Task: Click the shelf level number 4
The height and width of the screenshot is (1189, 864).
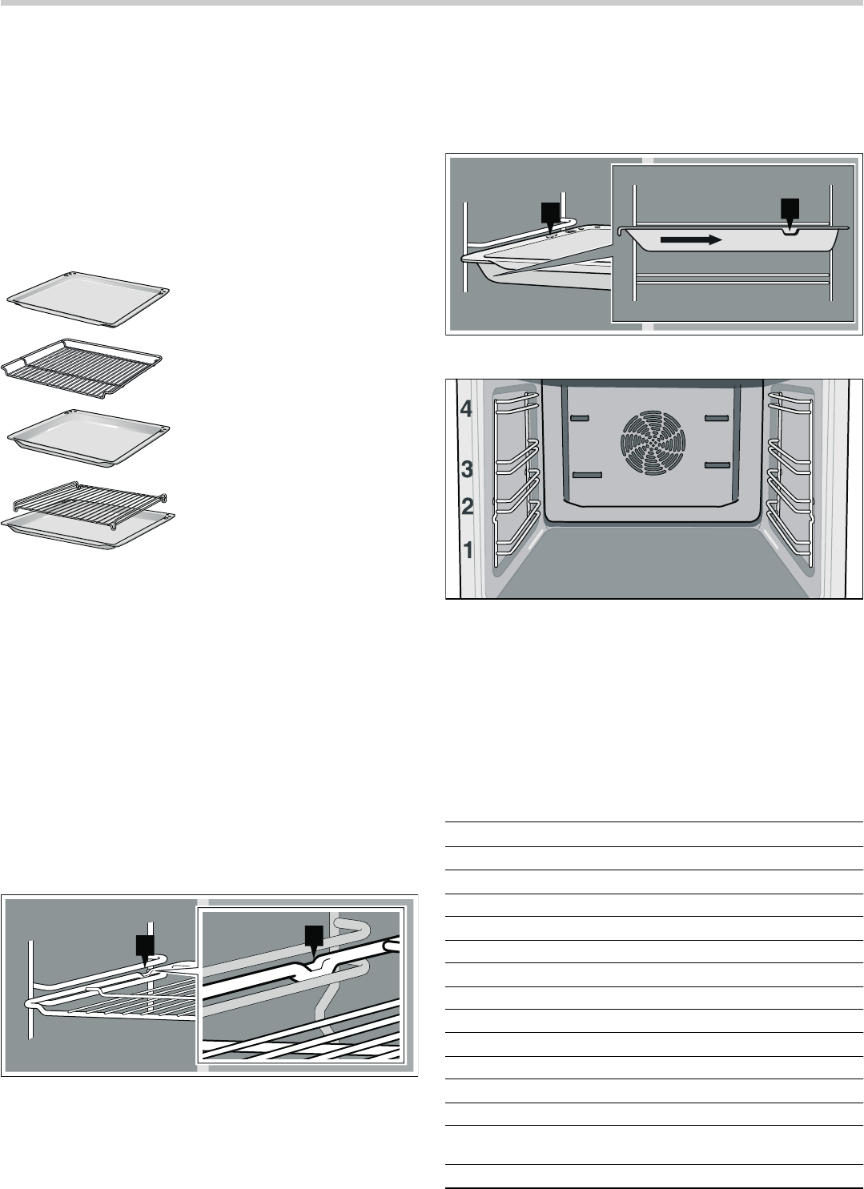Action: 466,408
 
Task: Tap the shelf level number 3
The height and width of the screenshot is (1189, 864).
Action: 467,469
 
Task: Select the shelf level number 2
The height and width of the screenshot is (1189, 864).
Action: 467,506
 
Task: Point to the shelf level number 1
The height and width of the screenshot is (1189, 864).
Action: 468,550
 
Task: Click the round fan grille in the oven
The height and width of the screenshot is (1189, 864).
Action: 653,442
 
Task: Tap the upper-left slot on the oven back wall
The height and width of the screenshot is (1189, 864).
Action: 580,418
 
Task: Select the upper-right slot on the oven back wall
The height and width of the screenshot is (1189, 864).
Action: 717,418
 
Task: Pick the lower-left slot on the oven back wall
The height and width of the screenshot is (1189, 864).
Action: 587,475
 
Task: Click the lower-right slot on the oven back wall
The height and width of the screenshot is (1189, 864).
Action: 717,465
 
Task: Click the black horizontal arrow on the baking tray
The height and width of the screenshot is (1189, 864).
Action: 691,240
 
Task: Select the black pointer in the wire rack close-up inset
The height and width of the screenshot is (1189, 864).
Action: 314,942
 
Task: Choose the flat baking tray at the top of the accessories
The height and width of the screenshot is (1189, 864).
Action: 88,300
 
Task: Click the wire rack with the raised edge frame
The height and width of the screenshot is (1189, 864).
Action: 82,368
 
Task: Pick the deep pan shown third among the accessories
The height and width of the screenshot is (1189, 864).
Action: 89,438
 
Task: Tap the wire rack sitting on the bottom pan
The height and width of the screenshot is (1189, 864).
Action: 90,501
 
